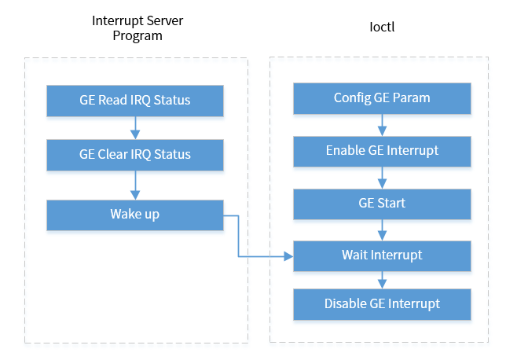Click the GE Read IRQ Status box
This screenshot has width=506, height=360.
tap(134, 101)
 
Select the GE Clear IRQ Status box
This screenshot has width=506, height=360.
tap(134, 154)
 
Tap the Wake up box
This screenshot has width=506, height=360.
tap(134, 215)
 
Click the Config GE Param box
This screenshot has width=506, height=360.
tap(382, 98)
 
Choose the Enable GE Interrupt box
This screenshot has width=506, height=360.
tap(382, 150)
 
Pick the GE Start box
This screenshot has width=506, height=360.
tap(382, 203)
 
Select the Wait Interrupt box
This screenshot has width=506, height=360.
tap(382, 255)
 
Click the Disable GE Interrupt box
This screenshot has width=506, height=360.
tap(382, 303)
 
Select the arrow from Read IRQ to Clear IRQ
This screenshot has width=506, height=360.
tap(134, 127)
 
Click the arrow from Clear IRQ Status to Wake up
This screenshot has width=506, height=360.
tap(134, 185)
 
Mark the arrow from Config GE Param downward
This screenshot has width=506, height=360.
tap(382, 124)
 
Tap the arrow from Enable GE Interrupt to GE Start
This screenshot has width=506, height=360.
tap(382, 177)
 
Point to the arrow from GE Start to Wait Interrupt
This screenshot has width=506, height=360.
tap(382, 230)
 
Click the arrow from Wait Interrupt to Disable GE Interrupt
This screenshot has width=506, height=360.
tap(382, 279)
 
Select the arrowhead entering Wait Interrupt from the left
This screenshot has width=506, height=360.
tap(288, 255)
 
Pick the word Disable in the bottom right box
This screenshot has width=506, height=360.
tap(345, 303)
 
